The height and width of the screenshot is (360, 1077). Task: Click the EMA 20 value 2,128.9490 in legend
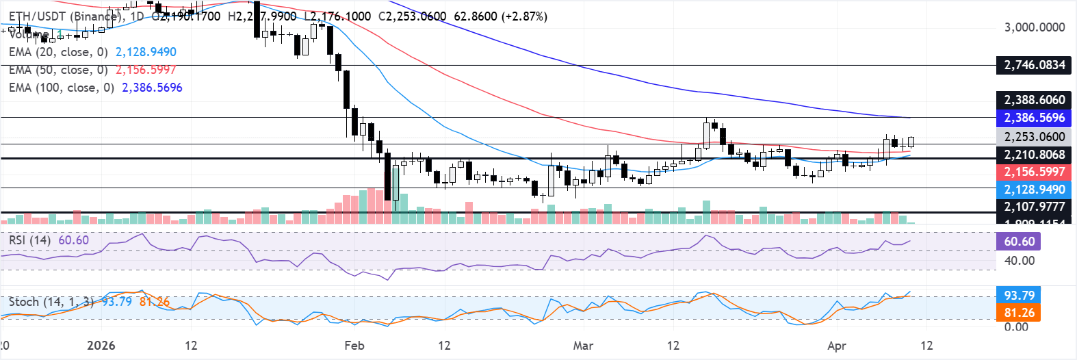[146, 52]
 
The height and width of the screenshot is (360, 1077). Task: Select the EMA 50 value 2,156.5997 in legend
[146, 70]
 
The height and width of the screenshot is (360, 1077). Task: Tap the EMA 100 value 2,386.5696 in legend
[152, 88]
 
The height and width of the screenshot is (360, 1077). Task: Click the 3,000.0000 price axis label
[1034, 27]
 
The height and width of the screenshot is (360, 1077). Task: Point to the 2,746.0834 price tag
[1034, 65]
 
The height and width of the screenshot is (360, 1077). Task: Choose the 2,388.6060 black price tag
[1034, 100]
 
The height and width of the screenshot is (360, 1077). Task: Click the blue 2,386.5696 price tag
[1034, 118]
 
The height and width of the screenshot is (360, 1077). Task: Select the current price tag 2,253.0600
[1034, 137]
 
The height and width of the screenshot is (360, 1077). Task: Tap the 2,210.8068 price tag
[1034, 155]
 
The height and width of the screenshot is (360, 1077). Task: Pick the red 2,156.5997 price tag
[1034, 172]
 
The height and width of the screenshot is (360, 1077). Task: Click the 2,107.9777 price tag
[1034, 207]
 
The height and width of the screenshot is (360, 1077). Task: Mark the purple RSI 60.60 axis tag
[1019, 242]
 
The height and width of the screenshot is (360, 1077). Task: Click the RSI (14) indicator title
[29, 240]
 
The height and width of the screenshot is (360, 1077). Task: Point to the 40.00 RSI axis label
[1019, 261]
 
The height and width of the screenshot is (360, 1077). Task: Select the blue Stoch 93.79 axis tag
[1019, 296]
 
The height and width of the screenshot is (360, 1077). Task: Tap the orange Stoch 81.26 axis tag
[1019, 313]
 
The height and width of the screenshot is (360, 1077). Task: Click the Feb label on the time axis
[354, 346]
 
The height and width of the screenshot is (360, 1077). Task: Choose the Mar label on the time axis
[583, 346]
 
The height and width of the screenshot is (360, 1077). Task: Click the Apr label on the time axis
[836, 346]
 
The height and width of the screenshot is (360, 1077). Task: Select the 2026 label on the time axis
[101, 346]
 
